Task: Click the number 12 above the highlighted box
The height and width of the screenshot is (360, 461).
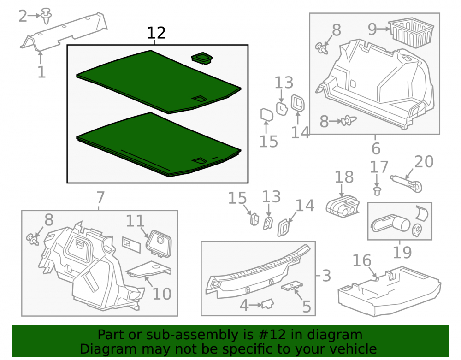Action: [156, 33]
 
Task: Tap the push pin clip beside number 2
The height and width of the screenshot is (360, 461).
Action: [46, 16]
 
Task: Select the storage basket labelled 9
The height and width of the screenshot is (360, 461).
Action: [411, 32]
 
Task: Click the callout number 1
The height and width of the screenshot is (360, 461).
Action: [41, 72]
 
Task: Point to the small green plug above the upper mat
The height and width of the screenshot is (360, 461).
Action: [202, 58]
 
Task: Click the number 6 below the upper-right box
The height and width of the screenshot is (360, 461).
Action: [376, 149]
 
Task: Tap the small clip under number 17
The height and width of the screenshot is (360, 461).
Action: [377, 191]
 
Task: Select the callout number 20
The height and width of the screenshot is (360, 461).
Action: [424, 162]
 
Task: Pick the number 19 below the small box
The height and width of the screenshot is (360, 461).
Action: [402, 252]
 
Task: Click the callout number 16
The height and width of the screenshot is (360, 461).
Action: [361, 260]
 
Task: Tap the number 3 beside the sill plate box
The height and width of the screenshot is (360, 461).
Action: [326, 276]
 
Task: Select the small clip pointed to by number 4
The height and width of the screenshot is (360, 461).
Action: [268, 304]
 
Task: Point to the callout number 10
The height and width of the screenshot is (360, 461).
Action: [162, 294]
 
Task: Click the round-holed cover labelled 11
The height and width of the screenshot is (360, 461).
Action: [159, 243]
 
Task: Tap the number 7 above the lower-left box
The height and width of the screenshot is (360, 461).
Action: [100, 197]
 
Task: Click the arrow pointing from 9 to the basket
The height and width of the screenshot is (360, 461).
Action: [383, 29]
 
